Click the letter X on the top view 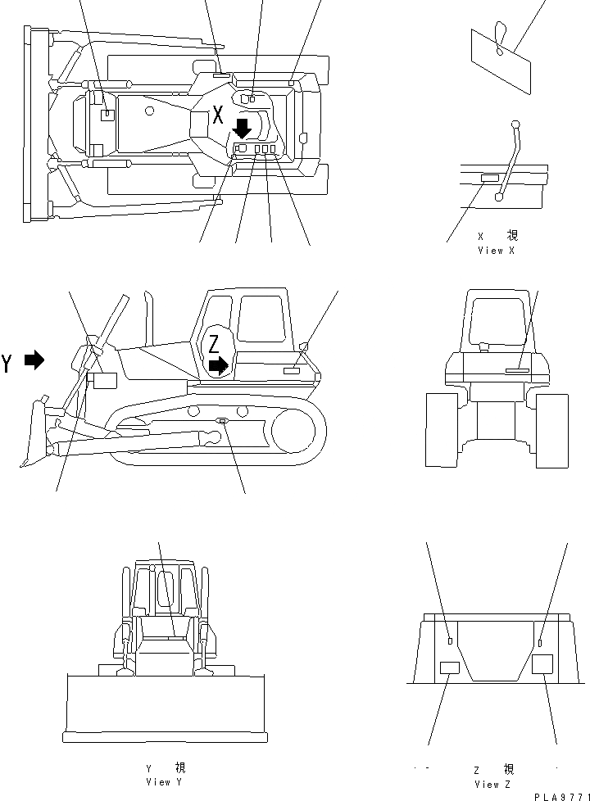(x=217, y=115)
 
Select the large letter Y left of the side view (x=7, y=363)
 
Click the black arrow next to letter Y (x=34, y=360)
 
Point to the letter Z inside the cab (x=214, y=343)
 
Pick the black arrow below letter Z (x=219, y=364)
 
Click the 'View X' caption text (x=496, y=251)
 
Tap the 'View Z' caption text (x=493, y=784)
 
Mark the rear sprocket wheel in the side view (x=293, y=434)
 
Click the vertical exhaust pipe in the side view (x=148, y=319)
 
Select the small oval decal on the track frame (x=222, y=421)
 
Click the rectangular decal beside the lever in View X (x=488, y=178)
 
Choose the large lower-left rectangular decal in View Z (x=450, y=667)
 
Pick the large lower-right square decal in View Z (x=542, y=664)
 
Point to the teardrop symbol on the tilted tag (x=500, y=42)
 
